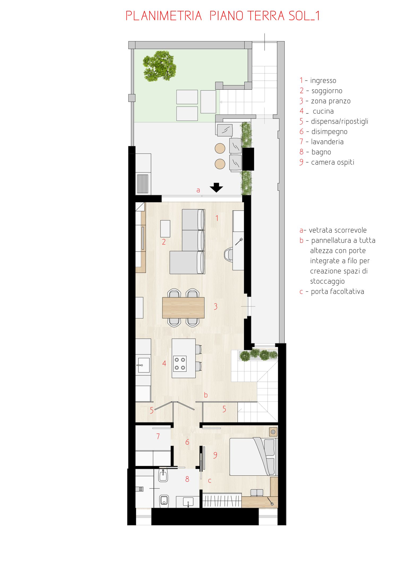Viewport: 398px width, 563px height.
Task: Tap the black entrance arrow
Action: pos(216,188)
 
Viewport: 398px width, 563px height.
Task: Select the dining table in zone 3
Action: pos(183,308)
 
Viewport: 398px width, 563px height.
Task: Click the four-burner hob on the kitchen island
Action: pos(180,363)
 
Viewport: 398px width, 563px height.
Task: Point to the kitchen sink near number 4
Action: pos(144,365)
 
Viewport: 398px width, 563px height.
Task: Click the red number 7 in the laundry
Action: pos(158,436)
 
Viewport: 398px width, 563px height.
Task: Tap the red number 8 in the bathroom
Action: pos(187,479)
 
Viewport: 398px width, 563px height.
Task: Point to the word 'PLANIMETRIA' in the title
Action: pos(164,16)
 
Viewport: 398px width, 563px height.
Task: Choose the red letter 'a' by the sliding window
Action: pos(198,190)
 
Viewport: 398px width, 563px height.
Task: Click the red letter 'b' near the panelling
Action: pos(206,395)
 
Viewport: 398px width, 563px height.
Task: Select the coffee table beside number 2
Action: pos(165,229)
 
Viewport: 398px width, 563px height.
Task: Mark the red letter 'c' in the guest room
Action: pos(210,480)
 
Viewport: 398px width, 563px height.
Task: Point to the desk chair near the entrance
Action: pos(228,254)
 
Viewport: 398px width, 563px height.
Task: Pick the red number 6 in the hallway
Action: pos(187,442)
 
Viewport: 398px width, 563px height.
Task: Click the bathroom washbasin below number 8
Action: pos(188,502)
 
